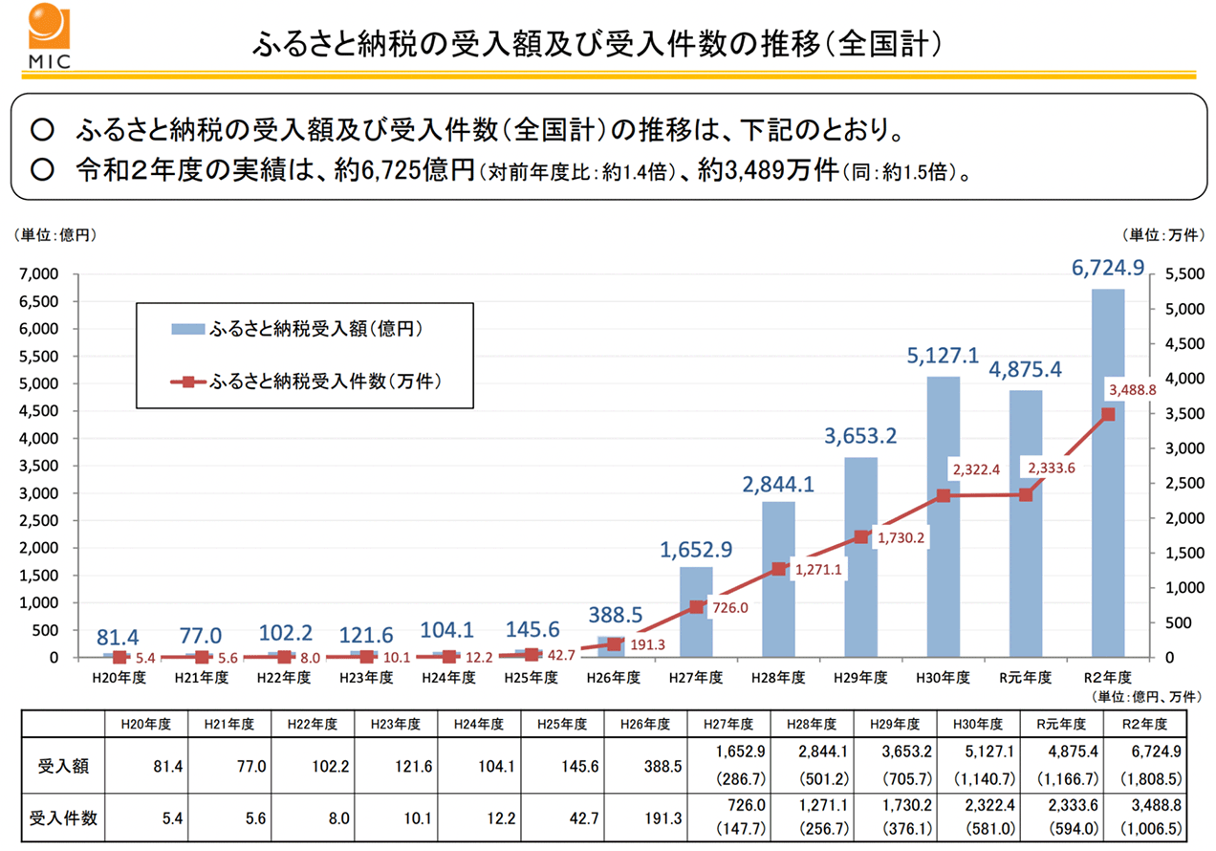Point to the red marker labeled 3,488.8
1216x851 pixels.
1108,414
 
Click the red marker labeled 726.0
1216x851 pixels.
697,607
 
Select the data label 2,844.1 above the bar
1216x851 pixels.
778,485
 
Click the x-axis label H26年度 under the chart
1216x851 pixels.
614,677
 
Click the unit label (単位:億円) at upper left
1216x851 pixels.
54,233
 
